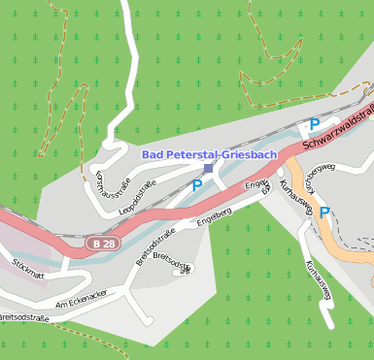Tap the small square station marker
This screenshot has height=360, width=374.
click(208, 168)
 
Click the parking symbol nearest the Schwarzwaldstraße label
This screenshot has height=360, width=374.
click(314, 124)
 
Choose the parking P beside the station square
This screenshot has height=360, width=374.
click(197, 184)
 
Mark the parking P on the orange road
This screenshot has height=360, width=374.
click(324, 213)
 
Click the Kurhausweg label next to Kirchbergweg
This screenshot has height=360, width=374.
click(293, 195)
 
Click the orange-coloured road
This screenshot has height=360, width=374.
click(330, 238)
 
